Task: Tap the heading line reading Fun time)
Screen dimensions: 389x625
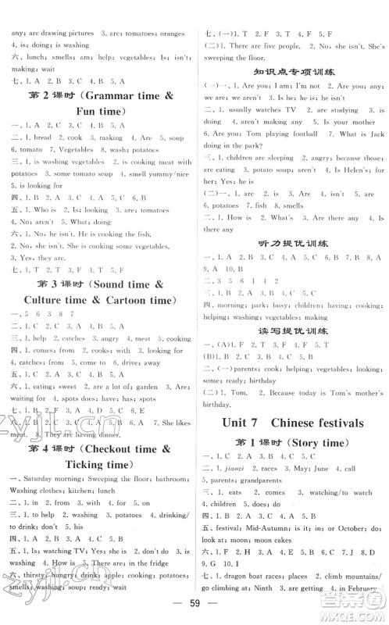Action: (99, 112)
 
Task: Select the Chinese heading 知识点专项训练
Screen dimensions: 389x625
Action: (291, 71)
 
